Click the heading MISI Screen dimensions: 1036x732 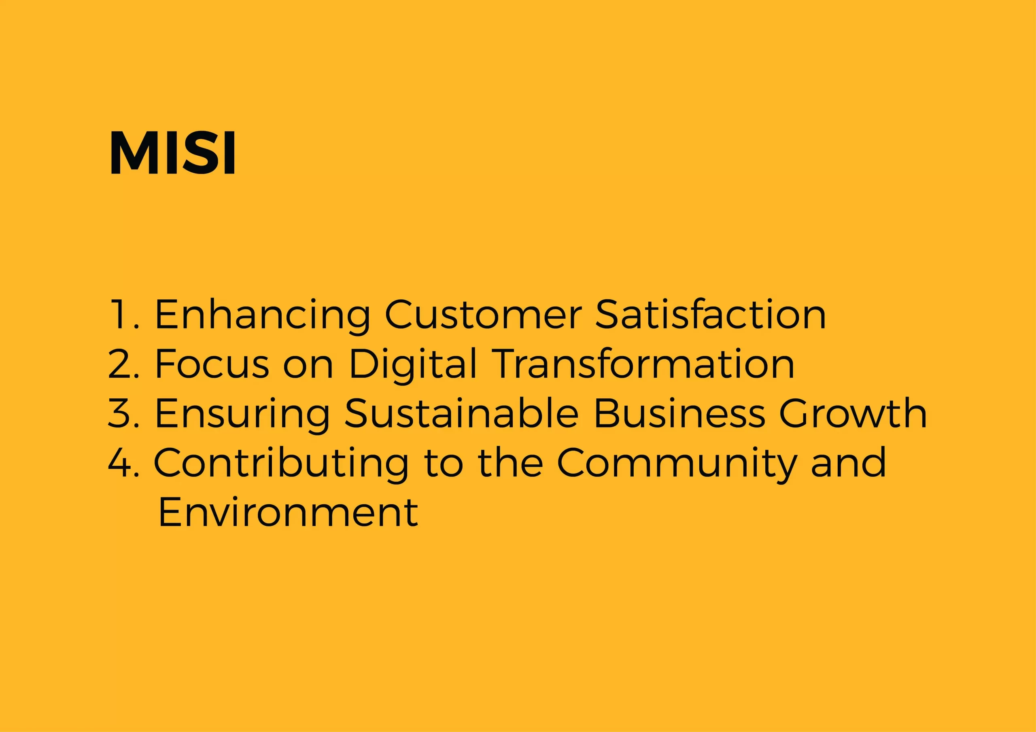pyautogui.click(x=172, y=152)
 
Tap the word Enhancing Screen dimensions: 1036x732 pyautogui.click(x=263, y=316)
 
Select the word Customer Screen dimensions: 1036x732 pyautogui.click(x=483, y=314)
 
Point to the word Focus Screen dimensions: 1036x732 pyautogui.click(x=212, y=364)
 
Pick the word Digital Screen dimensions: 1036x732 pyautogui.click(x=412, y=366)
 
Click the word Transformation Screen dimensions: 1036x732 pyautogui.click(x=643, y=364)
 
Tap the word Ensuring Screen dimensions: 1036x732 pyautogui.click(x=243, y=415)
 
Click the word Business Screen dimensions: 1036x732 pyautogui.click(x=679, y=413)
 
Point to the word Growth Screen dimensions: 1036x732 pyautogui.click(x=853, y=413)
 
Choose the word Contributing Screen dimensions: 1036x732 pyautogui.click(x=281, y=465)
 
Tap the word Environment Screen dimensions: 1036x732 pyautogui.click(x=288, y=512)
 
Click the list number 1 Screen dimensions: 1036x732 pyautogui.click(x=124, y=314)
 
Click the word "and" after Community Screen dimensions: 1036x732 pyautogui.click(x=848, y=463)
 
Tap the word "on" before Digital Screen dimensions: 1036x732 pyautogui.click(x=308, y=368)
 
